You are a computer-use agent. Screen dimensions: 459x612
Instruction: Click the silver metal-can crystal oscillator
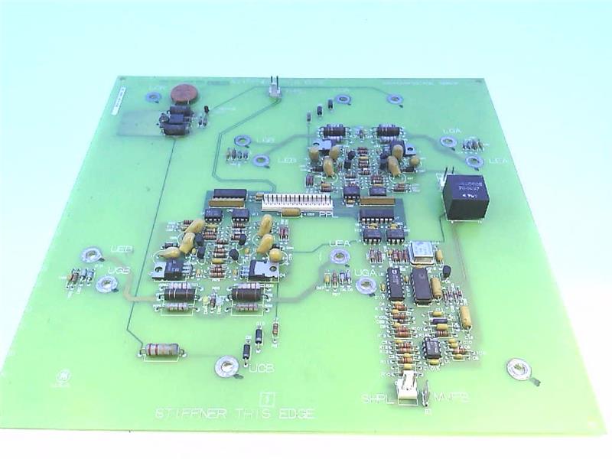[x=420, y=252]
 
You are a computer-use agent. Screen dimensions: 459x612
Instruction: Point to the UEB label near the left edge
[x=121, y=249]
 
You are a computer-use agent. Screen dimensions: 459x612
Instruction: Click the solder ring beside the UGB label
[x=106, y=285]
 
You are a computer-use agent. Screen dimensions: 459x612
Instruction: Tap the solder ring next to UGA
[x=366, y=285]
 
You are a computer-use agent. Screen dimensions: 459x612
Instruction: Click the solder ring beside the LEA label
[x=474, y=161]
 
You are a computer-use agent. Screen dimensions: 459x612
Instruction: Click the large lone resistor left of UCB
[x=161, y=350]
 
